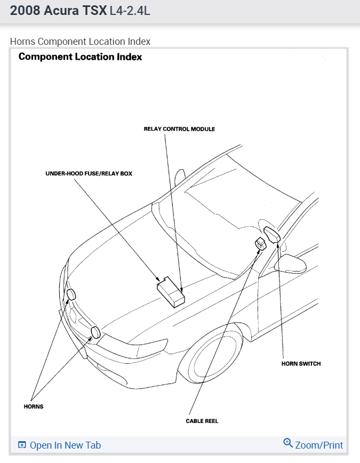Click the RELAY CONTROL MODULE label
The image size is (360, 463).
179,129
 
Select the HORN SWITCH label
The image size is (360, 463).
301,364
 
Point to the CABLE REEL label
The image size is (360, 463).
202,421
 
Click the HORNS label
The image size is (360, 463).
34,406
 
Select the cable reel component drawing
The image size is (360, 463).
261,244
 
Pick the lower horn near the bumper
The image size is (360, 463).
95,333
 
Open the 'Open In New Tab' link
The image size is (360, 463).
65,445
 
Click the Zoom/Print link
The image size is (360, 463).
319,445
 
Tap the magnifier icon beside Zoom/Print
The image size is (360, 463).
288,443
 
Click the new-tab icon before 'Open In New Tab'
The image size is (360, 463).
22,445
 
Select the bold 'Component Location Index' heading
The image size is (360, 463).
80,57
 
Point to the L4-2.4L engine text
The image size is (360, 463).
130,10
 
